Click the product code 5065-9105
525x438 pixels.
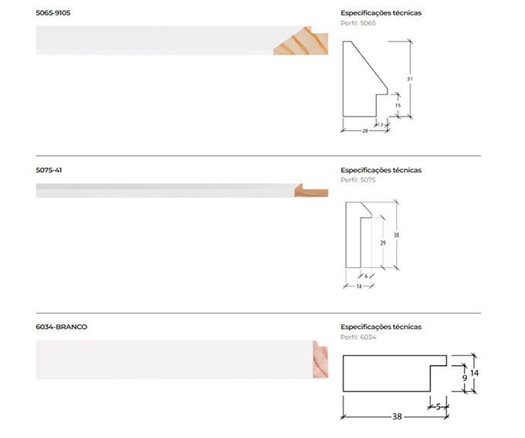pyautogui.click(x=53, y=13)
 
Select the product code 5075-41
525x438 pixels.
pyautogui.click(x=49, y=170)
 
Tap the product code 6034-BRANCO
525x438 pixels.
pyautogui.click(x=62, y=327)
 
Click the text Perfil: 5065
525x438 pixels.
pyautogui.click(x=358, y=23)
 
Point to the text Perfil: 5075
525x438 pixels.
pyautogui.click(x=358, y=180)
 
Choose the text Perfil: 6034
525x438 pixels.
pyautogui.click(x=358, y=337)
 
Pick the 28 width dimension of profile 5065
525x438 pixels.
pyautogui.click(x=364, y=131)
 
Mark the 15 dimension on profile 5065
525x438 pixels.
pyautogui.click(x=398, y=105)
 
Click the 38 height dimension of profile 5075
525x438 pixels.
pyautogui.click(x=396, y=235)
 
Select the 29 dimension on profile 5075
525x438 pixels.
pyautogui.click(x=383, y=243)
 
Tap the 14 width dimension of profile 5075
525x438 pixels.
pyautogui.click(x=359, y=287)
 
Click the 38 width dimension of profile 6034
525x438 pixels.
pyautogui.click(x=397, y=416)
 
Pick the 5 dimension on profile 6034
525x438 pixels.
pyautogui.click(x=438, y=406)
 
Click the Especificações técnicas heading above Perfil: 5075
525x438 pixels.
pyautogui.click(x=381, y=170)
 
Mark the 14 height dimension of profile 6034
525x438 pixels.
pyautogui.click(x=475, y=373)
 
